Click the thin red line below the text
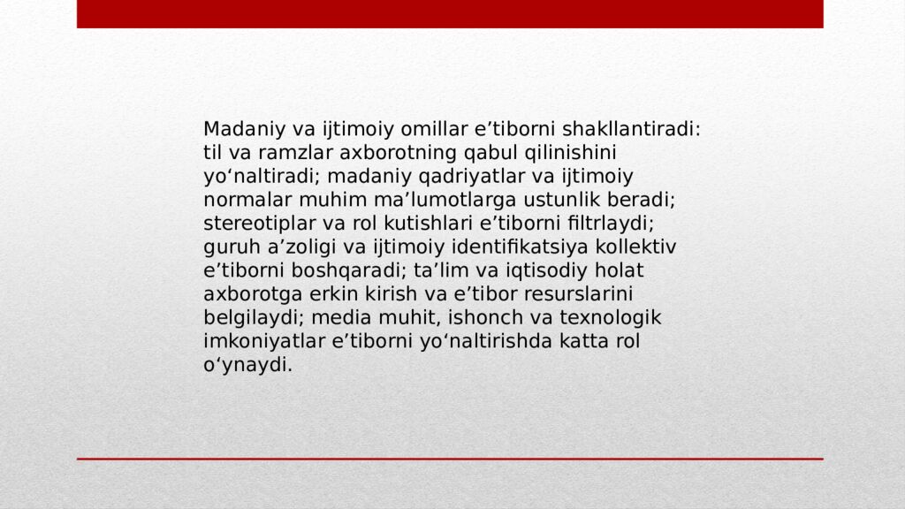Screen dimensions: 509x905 pyautogui.click(x=450, y=459)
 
